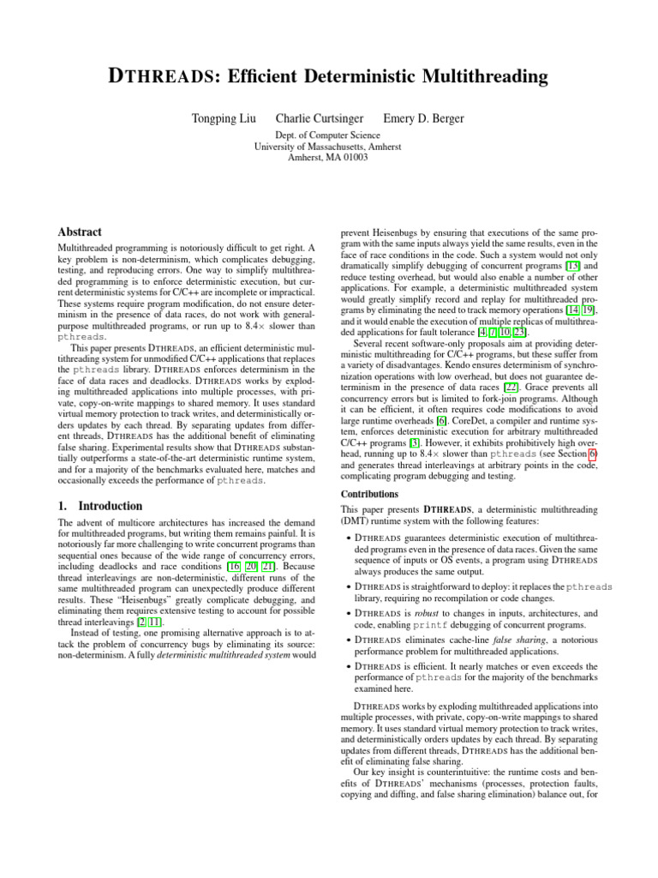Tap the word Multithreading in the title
click(474, 78)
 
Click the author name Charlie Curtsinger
click(320, 117)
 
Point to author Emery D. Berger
click(423, 117)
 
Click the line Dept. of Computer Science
click(328, 135)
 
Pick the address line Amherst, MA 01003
click(328, 158)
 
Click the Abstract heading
click(79, 232)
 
